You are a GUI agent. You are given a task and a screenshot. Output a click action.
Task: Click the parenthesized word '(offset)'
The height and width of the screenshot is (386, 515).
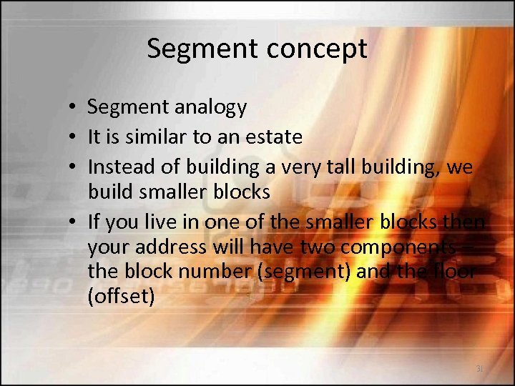coord(121,295)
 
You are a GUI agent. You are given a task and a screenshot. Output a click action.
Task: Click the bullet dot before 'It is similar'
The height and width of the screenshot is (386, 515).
coord(74,137)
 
